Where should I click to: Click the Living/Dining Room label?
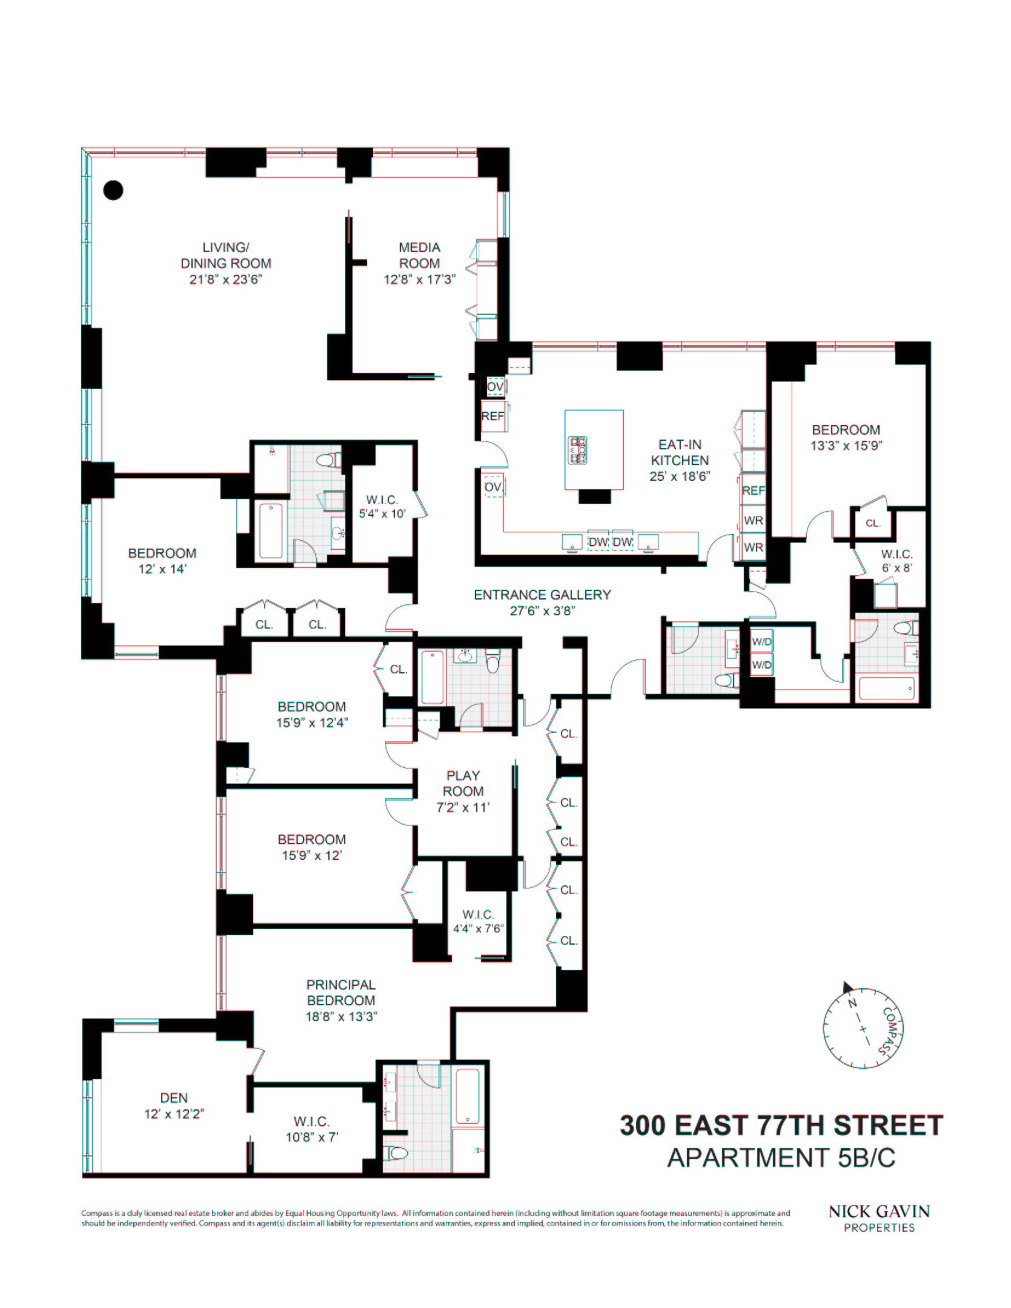point(225,256)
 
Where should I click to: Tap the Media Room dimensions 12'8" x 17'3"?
point(419,280)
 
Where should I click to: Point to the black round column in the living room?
point(113,190)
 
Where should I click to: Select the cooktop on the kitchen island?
point(577,449)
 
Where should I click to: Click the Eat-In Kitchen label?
point(680,452)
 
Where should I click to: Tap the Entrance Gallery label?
point(542,595)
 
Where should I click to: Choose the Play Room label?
point(463,783)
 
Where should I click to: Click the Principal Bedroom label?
point(341,993)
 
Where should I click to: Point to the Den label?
point(174,1098)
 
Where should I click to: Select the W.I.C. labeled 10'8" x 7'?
point(312,1129)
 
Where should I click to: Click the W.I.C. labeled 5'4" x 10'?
point(382,507)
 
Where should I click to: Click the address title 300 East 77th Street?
point(781,1126)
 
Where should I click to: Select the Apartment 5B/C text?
point(781,1158)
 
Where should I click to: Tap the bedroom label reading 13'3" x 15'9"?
point(846,438)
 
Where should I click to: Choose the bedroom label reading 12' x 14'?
point(162,561)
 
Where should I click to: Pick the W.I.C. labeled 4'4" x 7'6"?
point(479,922)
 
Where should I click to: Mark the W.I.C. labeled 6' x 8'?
point(897,561)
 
